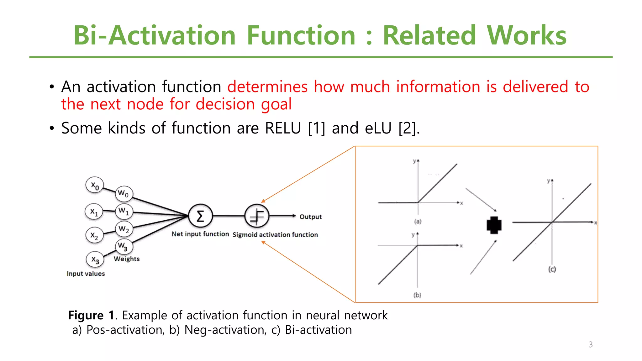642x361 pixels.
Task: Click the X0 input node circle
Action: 95,185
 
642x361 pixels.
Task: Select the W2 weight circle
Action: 124,229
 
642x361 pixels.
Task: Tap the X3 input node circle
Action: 95,259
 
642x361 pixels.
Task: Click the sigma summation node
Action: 200,216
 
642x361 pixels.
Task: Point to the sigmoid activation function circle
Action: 257,216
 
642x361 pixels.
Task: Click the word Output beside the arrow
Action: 310,217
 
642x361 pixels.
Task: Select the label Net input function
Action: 200,234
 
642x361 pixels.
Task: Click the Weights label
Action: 127,259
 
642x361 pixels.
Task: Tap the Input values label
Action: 86,274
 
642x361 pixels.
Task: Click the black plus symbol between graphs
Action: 494,225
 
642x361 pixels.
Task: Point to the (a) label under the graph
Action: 418,222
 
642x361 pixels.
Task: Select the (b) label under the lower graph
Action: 417,295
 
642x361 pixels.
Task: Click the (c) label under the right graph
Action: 552,269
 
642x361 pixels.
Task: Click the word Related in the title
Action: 429,35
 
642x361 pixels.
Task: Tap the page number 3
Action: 591,345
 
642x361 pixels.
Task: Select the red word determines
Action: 267,87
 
